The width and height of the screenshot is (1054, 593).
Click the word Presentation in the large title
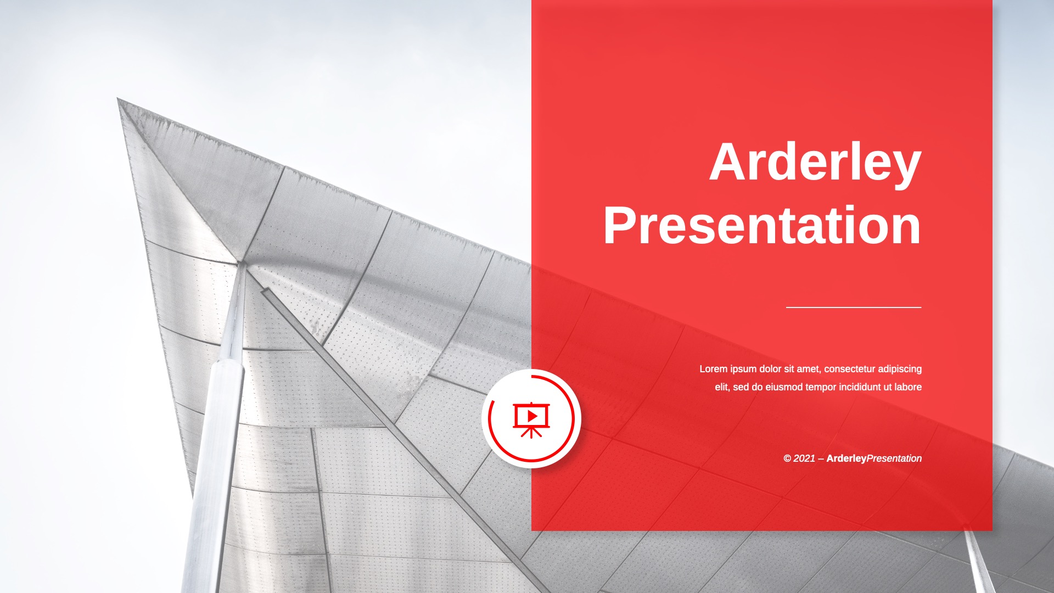pyautogui.click(x=763, y=225)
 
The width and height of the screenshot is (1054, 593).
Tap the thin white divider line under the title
pyautogui.click(x=854, y=307)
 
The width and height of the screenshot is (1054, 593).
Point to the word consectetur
pyautogui.click(x=849, y=369)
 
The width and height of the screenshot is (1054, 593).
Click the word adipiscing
pyautogui.click(x=900, y=370)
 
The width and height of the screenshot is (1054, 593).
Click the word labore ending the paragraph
pyautogui.click(x=908, y=387)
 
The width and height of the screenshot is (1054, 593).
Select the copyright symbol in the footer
pyautogui.click(x=787, y=458)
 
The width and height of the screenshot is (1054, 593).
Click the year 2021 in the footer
pyautogui.click(x=804, y=458)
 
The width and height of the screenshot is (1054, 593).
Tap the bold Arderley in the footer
pyautogui.click(x=846, y=458)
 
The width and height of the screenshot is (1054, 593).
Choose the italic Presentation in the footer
pyautogui.click(x=894, y=458)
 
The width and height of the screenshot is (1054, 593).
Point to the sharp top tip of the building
pyautogui.click(x=118, y=99)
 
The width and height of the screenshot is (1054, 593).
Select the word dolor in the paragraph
pyautogui.click(x=770, y=369)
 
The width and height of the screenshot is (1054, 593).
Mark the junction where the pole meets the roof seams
pyautogui.click(x=241, y=264)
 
